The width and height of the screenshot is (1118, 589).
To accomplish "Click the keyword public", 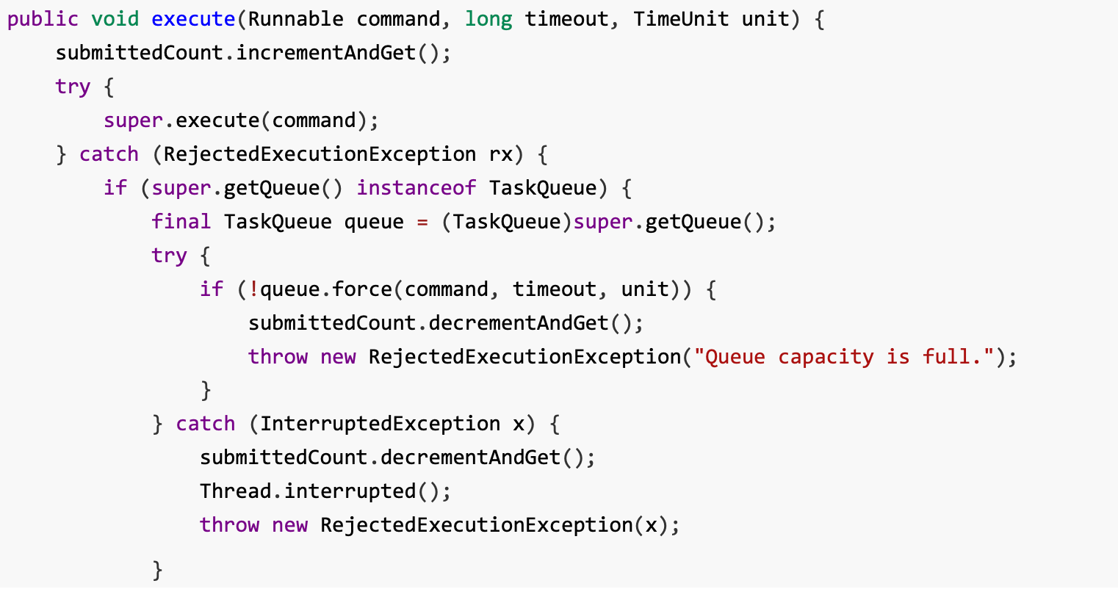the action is click(43, 19).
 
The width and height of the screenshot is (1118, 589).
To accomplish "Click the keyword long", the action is click(488, 19).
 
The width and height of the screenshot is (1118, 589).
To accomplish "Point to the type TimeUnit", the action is click(681, 19).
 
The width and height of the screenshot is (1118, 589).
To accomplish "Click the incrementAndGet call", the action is click(326, 53).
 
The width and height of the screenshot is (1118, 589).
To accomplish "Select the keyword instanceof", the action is click(416, 188).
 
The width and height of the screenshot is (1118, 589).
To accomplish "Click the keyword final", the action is click(181, 222).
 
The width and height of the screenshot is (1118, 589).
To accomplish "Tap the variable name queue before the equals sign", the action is click(374, 222).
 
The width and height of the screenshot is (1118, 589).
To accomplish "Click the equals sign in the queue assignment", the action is click(422, 222).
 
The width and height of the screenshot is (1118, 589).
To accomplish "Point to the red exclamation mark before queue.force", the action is click(254, 289).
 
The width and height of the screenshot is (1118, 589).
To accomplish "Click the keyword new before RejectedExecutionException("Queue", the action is click(338, 357).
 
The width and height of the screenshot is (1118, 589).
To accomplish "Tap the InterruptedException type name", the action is click(380, 424).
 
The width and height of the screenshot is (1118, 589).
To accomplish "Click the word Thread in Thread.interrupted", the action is click(236, 491).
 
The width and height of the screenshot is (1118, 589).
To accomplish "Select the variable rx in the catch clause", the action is click(501, 154).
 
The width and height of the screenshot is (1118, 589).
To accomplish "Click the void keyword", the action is click(115, 19).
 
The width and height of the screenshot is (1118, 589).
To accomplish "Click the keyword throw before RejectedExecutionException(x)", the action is click(230, 525).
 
